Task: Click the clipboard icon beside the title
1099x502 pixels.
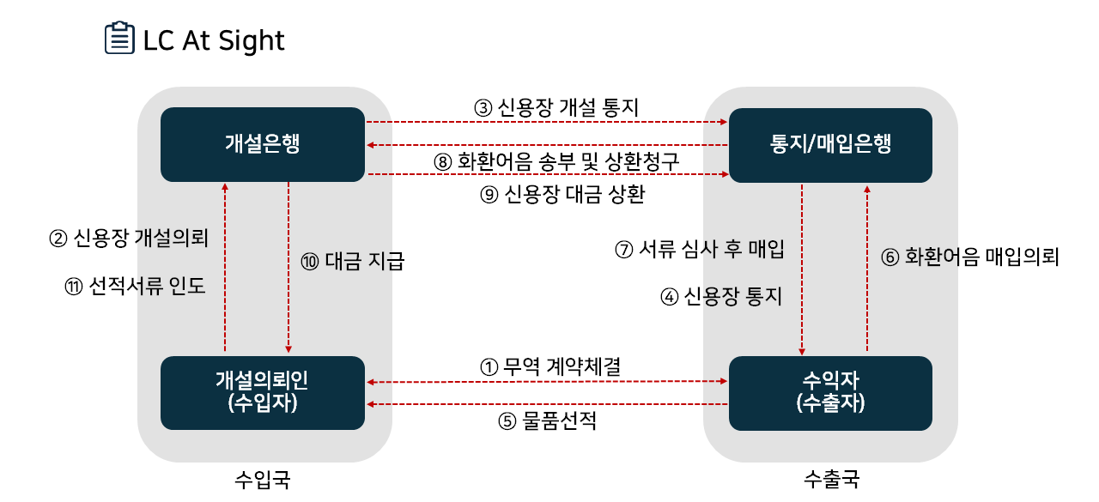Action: tap(119, 39)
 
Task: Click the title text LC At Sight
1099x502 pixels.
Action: tap(214, 40)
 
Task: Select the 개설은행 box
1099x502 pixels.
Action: tap(262, 144)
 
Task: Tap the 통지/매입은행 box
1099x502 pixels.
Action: tap(830, 144)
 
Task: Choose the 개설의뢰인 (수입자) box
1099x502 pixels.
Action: tap(262, 392)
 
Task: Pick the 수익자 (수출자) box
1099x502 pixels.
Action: tap(830, 392)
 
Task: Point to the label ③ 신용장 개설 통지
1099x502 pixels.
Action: tap(556, 108)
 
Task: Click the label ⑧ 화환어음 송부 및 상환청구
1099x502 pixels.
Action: tap(556, 162)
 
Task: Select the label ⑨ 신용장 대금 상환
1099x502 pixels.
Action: tap(562, 195)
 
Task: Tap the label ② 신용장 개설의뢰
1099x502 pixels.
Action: tap(129, 238)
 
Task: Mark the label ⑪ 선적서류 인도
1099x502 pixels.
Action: tap(136, 286)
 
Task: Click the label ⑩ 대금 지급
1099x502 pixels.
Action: tap(353, 261)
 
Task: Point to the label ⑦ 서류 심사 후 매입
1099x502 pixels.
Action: tap(700, 250)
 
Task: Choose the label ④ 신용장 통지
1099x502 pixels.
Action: tap(721, 297)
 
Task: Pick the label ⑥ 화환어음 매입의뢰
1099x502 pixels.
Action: tap(971, 257)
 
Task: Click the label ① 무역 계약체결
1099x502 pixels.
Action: tap(549, 366)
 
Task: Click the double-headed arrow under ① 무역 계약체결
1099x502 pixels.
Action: tap(547, 382)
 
